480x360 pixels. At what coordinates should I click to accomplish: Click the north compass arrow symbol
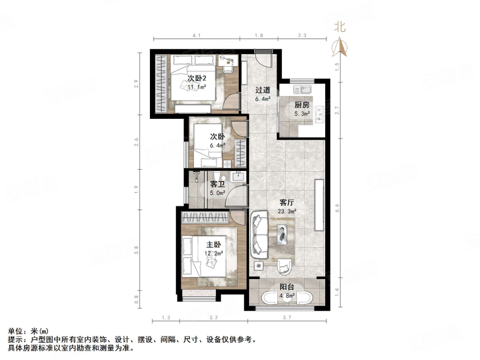point(340,46)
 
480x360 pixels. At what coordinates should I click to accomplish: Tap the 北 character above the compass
point(340,26)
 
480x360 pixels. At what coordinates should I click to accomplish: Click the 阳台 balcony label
point(287,287)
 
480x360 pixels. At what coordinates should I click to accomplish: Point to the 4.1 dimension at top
point(196,37)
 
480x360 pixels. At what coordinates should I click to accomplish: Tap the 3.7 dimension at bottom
point(287,317)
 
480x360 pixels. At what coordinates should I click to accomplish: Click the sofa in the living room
point(260,233)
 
